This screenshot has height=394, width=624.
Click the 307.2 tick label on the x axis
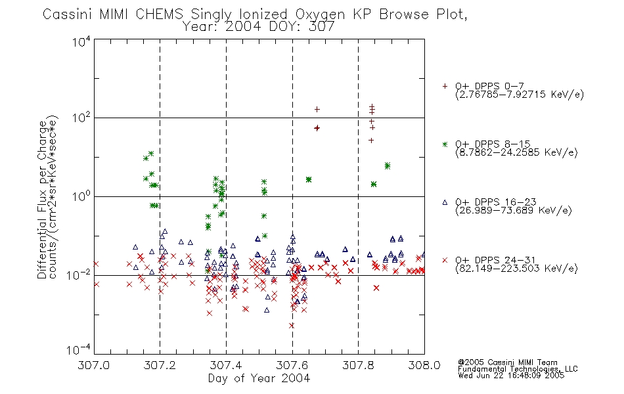coord(160,365)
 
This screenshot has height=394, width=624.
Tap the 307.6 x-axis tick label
coord(292,365)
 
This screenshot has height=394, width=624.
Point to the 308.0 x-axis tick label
coord(424,365)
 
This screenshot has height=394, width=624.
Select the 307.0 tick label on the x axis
coord(94,365)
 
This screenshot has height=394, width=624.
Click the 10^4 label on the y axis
coord(81,41)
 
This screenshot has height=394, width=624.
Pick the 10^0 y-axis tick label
coord(81,196)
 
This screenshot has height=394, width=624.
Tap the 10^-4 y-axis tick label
coord(79,350)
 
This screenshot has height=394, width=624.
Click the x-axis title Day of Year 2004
coord(259,378)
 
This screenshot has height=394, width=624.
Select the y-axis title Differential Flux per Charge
coord(42,200)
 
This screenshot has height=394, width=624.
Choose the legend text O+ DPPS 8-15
coord(493,144)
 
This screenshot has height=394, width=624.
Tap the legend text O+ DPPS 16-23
coord(496,202)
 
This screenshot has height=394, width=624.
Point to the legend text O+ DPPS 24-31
coord(496,260)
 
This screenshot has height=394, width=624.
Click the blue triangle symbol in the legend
coord(445,202)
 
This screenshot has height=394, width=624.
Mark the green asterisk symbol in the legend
coord(445,144)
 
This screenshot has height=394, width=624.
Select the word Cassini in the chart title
coord(67,14)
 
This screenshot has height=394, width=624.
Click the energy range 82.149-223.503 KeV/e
coord(516,269)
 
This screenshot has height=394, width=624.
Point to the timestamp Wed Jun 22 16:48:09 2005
coord(511,376)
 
